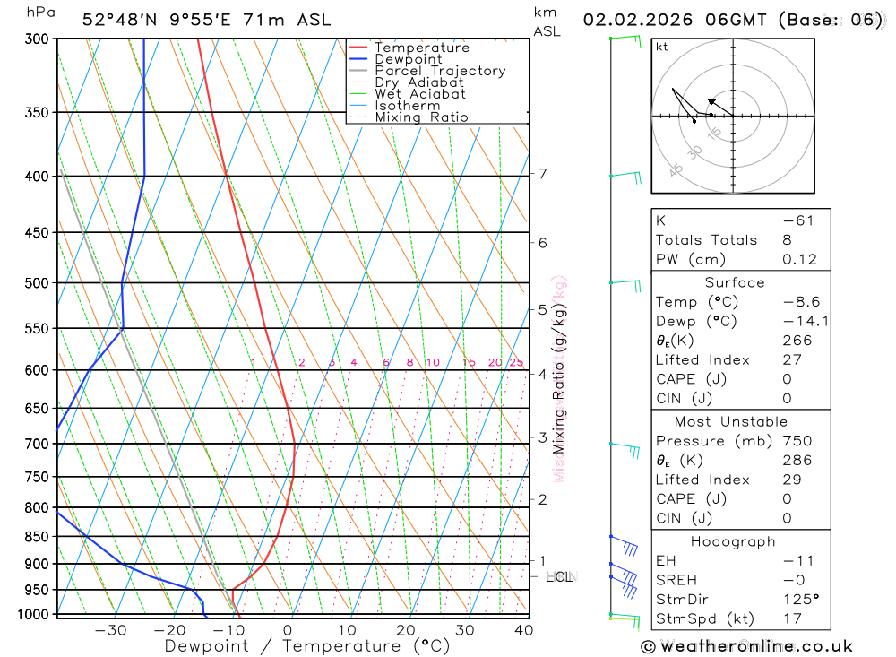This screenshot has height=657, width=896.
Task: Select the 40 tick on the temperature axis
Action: pos(523,630)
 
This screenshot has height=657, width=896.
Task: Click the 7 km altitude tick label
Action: pos(543,173)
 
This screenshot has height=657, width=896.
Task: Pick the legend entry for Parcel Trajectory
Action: pos(440,71)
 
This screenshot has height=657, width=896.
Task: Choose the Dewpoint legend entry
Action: pos(409,59)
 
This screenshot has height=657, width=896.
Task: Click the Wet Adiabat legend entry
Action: pos(420,94)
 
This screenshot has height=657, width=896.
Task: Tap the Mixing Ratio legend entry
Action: pos(421,117)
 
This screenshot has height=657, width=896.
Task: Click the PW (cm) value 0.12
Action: pos(800,260)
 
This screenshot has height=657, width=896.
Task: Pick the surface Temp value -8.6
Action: pos(801,302)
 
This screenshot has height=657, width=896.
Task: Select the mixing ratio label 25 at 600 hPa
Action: pos(516,362)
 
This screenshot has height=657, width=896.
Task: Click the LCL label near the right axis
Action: pos(558,576)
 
